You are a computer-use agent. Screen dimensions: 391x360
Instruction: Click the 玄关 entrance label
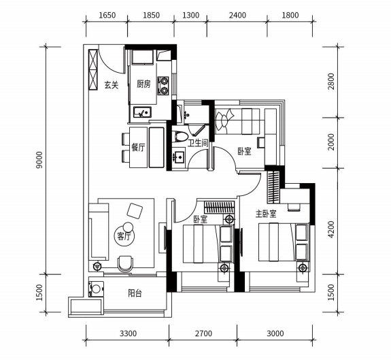tap(112, 85)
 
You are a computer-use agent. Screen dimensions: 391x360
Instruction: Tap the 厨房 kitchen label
tap(143, 84)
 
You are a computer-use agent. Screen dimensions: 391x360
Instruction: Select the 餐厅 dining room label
tap(138, 148)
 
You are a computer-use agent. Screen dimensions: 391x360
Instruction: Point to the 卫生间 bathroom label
tap(198, 143)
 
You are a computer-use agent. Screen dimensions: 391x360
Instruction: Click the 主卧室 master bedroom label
tap(266, 214)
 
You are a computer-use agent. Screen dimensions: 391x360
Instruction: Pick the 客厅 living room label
tap(124, 236)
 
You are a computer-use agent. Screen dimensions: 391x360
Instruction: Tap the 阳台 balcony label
tap(135, 293)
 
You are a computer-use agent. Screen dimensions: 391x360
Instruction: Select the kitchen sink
tap(142, 112)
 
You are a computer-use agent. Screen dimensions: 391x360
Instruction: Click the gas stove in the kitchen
tap(164, 85)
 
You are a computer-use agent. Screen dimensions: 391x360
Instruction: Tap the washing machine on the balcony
tap(96, 289)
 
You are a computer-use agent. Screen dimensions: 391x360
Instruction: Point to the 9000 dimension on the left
tap(39, 160)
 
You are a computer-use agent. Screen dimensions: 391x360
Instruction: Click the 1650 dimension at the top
tap(107, 15)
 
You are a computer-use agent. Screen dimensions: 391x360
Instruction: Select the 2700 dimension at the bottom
tap(203, 333)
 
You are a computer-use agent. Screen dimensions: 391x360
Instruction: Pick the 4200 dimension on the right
tap(330, 229)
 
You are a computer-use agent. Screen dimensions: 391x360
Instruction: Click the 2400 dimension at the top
tap(237, 15)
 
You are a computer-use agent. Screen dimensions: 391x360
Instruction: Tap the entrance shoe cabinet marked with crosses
tap(93, 69)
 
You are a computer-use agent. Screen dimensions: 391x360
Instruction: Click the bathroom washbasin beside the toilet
tap(179, 157)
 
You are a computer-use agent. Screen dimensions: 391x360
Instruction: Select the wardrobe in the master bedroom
tap(273, 187)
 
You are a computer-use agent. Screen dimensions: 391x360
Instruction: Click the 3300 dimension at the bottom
tap(128, 333)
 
